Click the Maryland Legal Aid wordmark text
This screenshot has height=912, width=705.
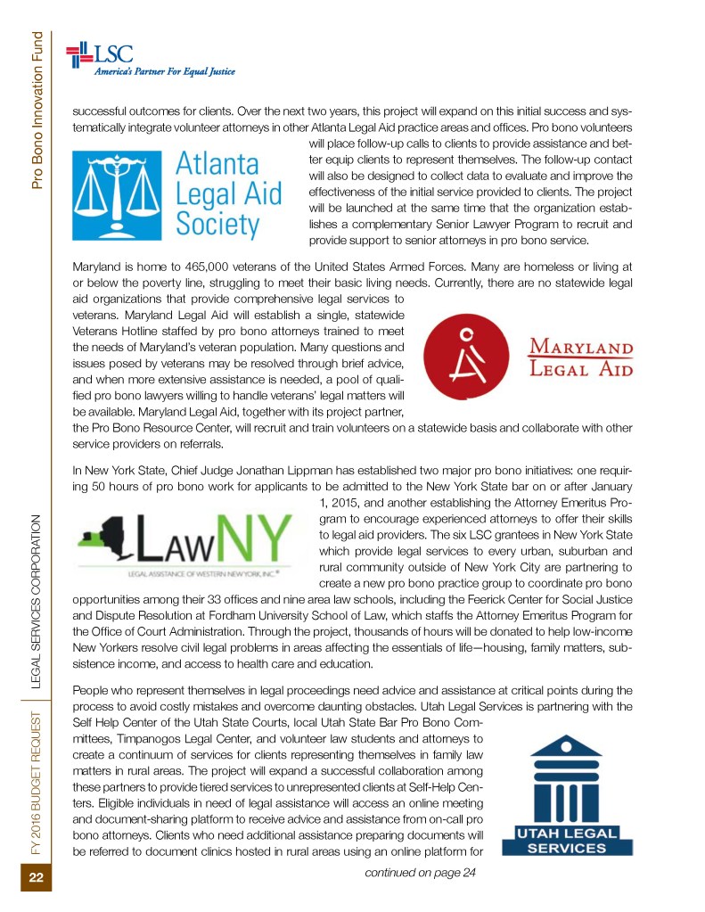coord(582,357)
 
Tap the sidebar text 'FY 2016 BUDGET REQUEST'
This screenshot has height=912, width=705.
coord(38,785)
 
